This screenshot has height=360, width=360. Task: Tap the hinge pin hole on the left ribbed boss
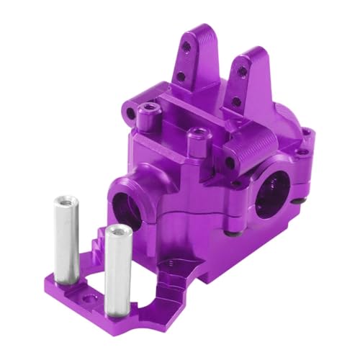(131, 113)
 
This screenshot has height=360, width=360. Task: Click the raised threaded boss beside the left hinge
(149, 109)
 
